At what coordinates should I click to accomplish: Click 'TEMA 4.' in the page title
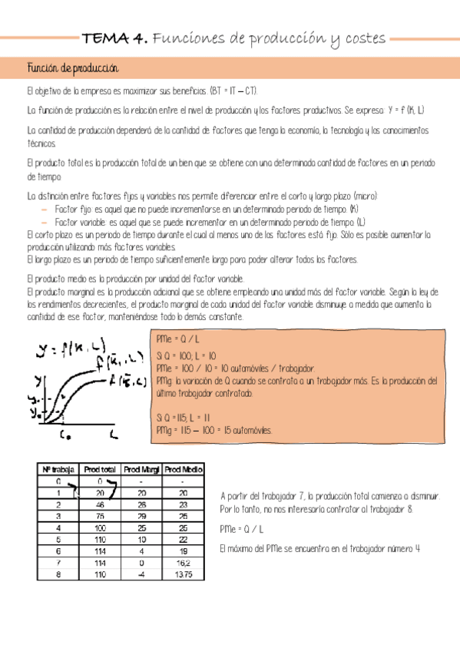(115, 38)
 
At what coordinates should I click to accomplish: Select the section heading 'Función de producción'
(71, 68)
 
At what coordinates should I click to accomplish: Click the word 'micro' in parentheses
(363, 196)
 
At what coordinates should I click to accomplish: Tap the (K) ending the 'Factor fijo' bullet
(353, 209)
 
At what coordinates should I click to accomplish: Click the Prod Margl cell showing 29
(141, 517)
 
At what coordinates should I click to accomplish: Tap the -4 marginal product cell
(141, 574)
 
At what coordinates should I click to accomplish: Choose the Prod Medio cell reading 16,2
(183, 563)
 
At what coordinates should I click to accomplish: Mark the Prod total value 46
(100, 505)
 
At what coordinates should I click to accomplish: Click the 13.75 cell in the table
(183, 574)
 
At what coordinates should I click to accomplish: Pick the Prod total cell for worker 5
(100, 540)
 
